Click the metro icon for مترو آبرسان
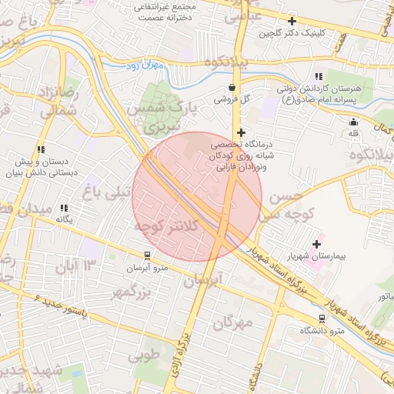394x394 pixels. [x=147, y=255]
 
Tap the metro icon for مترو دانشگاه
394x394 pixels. [x=322, y=319]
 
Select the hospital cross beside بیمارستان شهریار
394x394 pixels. [x=316, y=244]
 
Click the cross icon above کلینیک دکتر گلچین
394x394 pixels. [x=291, y=21]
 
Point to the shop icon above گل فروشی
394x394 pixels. [x=232, y=87]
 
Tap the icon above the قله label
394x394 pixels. [x=353, y=122]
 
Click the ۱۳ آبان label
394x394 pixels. [x=77, y=266]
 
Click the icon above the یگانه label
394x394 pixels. [x=65, y=208]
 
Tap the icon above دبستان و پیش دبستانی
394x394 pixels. [x=40, y=149]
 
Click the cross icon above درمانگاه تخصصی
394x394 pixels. [x=241, y=132]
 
